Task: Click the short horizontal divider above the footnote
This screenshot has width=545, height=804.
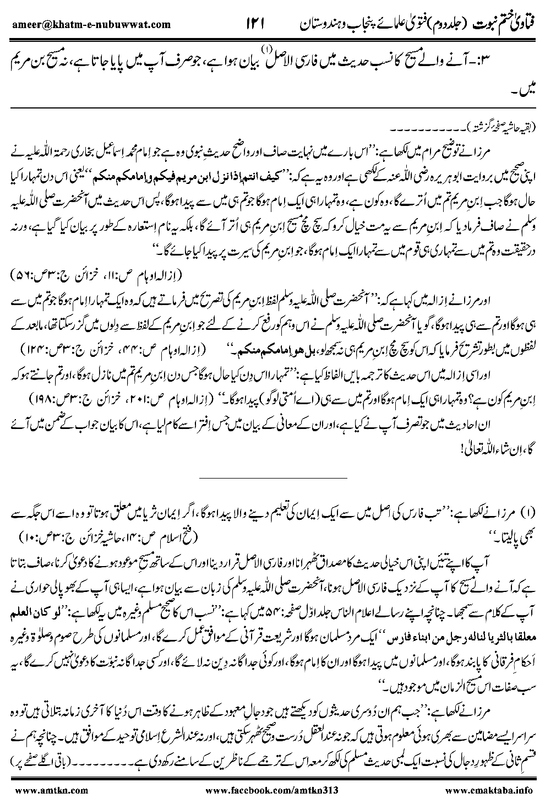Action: coord(272,477)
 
